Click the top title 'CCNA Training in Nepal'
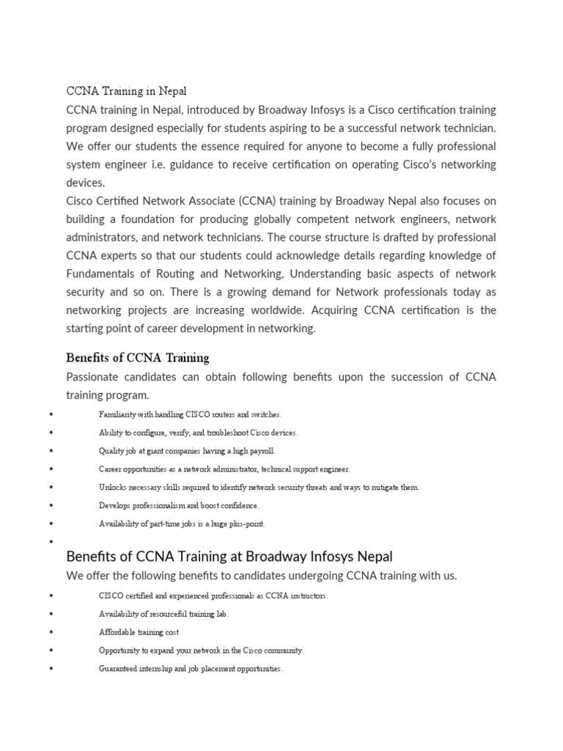(126, 92)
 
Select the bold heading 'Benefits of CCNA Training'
(137, 358)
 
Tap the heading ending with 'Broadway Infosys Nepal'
(229, 555)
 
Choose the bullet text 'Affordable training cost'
(139, 632)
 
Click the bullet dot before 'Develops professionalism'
(51, 506)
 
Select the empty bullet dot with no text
(51, 542)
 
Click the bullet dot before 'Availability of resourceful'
(51, 615)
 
